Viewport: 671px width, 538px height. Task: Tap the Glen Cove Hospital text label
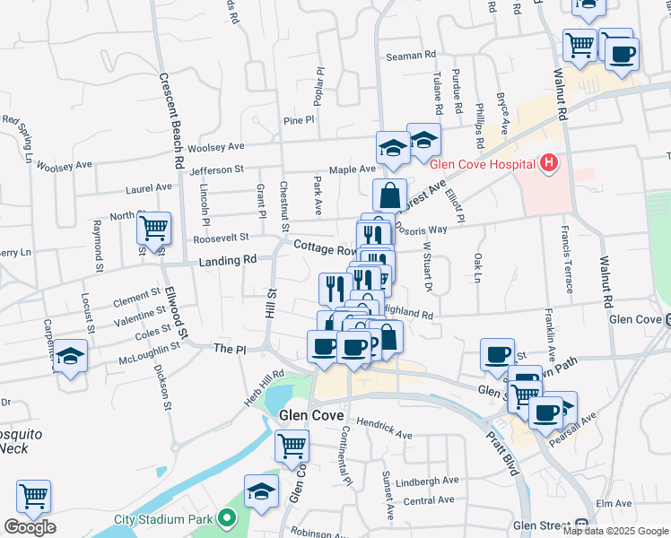pos(483,165)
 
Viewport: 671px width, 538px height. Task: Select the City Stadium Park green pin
pos(227,519)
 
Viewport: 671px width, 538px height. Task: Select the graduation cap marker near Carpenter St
pos(70,356)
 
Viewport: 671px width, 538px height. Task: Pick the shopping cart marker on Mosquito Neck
pos(34,496)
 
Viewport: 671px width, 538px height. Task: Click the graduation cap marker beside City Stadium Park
pos(262,490)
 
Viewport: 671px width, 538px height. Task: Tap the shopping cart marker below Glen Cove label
pos(292,445)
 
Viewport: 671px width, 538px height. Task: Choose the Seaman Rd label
pos(410,56)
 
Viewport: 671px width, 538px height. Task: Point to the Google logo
pos(30,527)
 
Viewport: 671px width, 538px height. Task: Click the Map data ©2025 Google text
pos(615,531)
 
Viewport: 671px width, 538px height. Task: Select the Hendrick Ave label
pos(383,428)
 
